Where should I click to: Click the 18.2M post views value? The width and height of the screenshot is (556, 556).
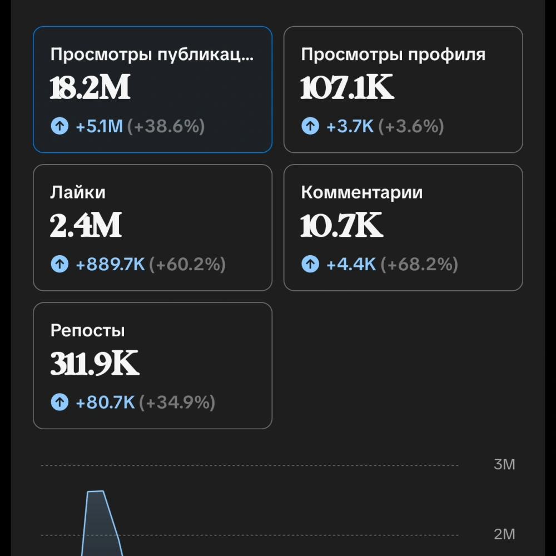(x=90, y=87)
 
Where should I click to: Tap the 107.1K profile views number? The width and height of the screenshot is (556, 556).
(x=347, y=87)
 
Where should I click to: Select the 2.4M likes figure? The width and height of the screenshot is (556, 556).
(x=86, y=225)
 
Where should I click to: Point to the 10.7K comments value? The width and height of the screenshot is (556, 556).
(x=342, y=225)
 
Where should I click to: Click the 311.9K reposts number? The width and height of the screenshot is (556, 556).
(x=95, y=363)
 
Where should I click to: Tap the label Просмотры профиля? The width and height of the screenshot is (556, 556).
(x=393, y=54)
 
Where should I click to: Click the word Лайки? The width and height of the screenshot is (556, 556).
(x=78, y=192)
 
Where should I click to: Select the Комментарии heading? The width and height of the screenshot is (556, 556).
(x=362, y=192)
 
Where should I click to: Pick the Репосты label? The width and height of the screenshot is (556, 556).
(x=88, y=330)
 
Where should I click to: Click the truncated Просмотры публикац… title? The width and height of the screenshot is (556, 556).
(x=152, y=54)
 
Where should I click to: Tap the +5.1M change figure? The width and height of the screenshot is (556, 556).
(x=100, y=126)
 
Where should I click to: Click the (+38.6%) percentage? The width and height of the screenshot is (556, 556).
(x=166, y=126)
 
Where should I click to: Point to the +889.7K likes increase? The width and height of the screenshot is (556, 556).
(x=110, y=264)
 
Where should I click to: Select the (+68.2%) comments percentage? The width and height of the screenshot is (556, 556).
(x=419, y=264)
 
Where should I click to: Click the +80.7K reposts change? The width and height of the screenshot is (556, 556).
(x=105, y=402)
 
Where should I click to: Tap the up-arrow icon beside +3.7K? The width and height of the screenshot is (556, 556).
(x=310, y=126)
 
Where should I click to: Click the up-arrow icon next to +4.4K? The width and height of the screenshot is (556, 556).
(x=310, y=264)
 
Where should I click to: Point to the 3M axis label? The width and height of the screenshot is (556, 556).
(x=504, y=464)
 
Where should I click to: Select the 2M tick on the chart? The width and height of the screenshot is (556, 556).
(x=504, y=534)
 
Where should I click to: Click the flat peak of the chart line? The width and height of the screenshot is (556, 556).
(x=96, y=492)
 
